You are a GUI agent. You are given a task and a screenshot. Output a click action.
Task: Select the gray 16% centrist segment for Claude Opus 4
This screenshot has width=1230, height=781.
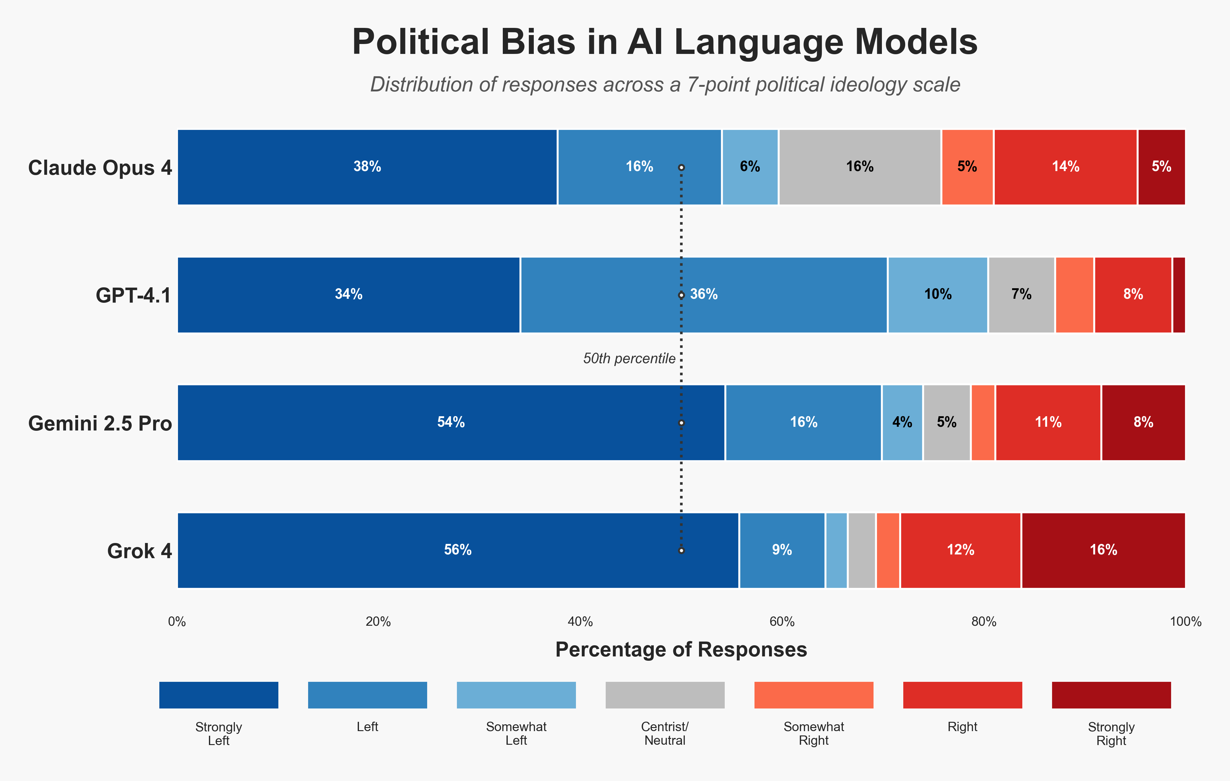860,167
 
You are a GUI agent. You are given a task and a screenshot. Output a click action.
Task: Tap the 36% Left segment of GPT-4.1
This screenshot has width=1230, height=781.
703,295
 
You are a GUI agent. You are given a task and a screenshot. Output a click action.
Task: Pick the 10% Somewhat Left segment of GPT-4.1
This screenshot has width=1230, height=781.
937,295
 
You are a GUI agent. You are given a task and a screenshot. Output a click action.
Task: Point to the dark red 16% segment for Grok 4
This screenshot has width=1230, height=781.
1103,550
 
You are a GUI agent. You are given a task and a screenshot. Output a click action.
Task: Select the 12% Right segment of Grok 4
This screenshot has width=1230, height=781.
960,550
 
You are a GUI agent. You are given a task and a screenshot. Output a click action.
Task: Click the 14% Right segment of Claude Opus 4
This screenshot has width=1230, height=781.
1065,167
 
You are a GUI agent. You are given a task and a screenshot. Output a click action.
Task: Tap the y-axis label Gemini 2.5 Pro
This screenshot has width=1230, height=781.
100,423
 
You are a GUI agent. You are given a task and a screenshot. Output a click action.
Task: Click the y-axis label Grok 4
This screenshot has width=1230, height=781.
139,551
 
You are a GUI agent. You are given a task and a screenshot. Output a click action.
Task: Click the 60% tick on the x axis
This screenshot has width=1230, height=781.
781,622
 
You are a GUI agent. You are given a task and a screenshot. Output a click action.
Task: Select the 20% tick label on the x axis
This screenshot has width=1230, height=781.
378,622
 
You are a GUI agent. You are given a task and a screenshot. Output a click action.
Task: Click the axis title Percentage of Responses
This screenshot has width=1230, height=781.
681,650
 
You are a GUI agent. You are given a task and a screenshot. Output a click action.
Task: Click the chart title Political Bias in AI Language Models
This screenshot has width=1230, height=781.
665,42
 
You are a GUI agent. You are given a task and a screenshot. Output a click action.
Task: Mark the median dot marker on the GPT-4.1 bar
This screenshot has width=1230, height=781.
681,295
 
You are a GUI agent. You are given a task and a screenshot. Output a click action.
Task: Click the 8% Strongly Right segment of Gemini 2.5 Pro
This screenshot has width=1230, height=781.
1143,422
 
